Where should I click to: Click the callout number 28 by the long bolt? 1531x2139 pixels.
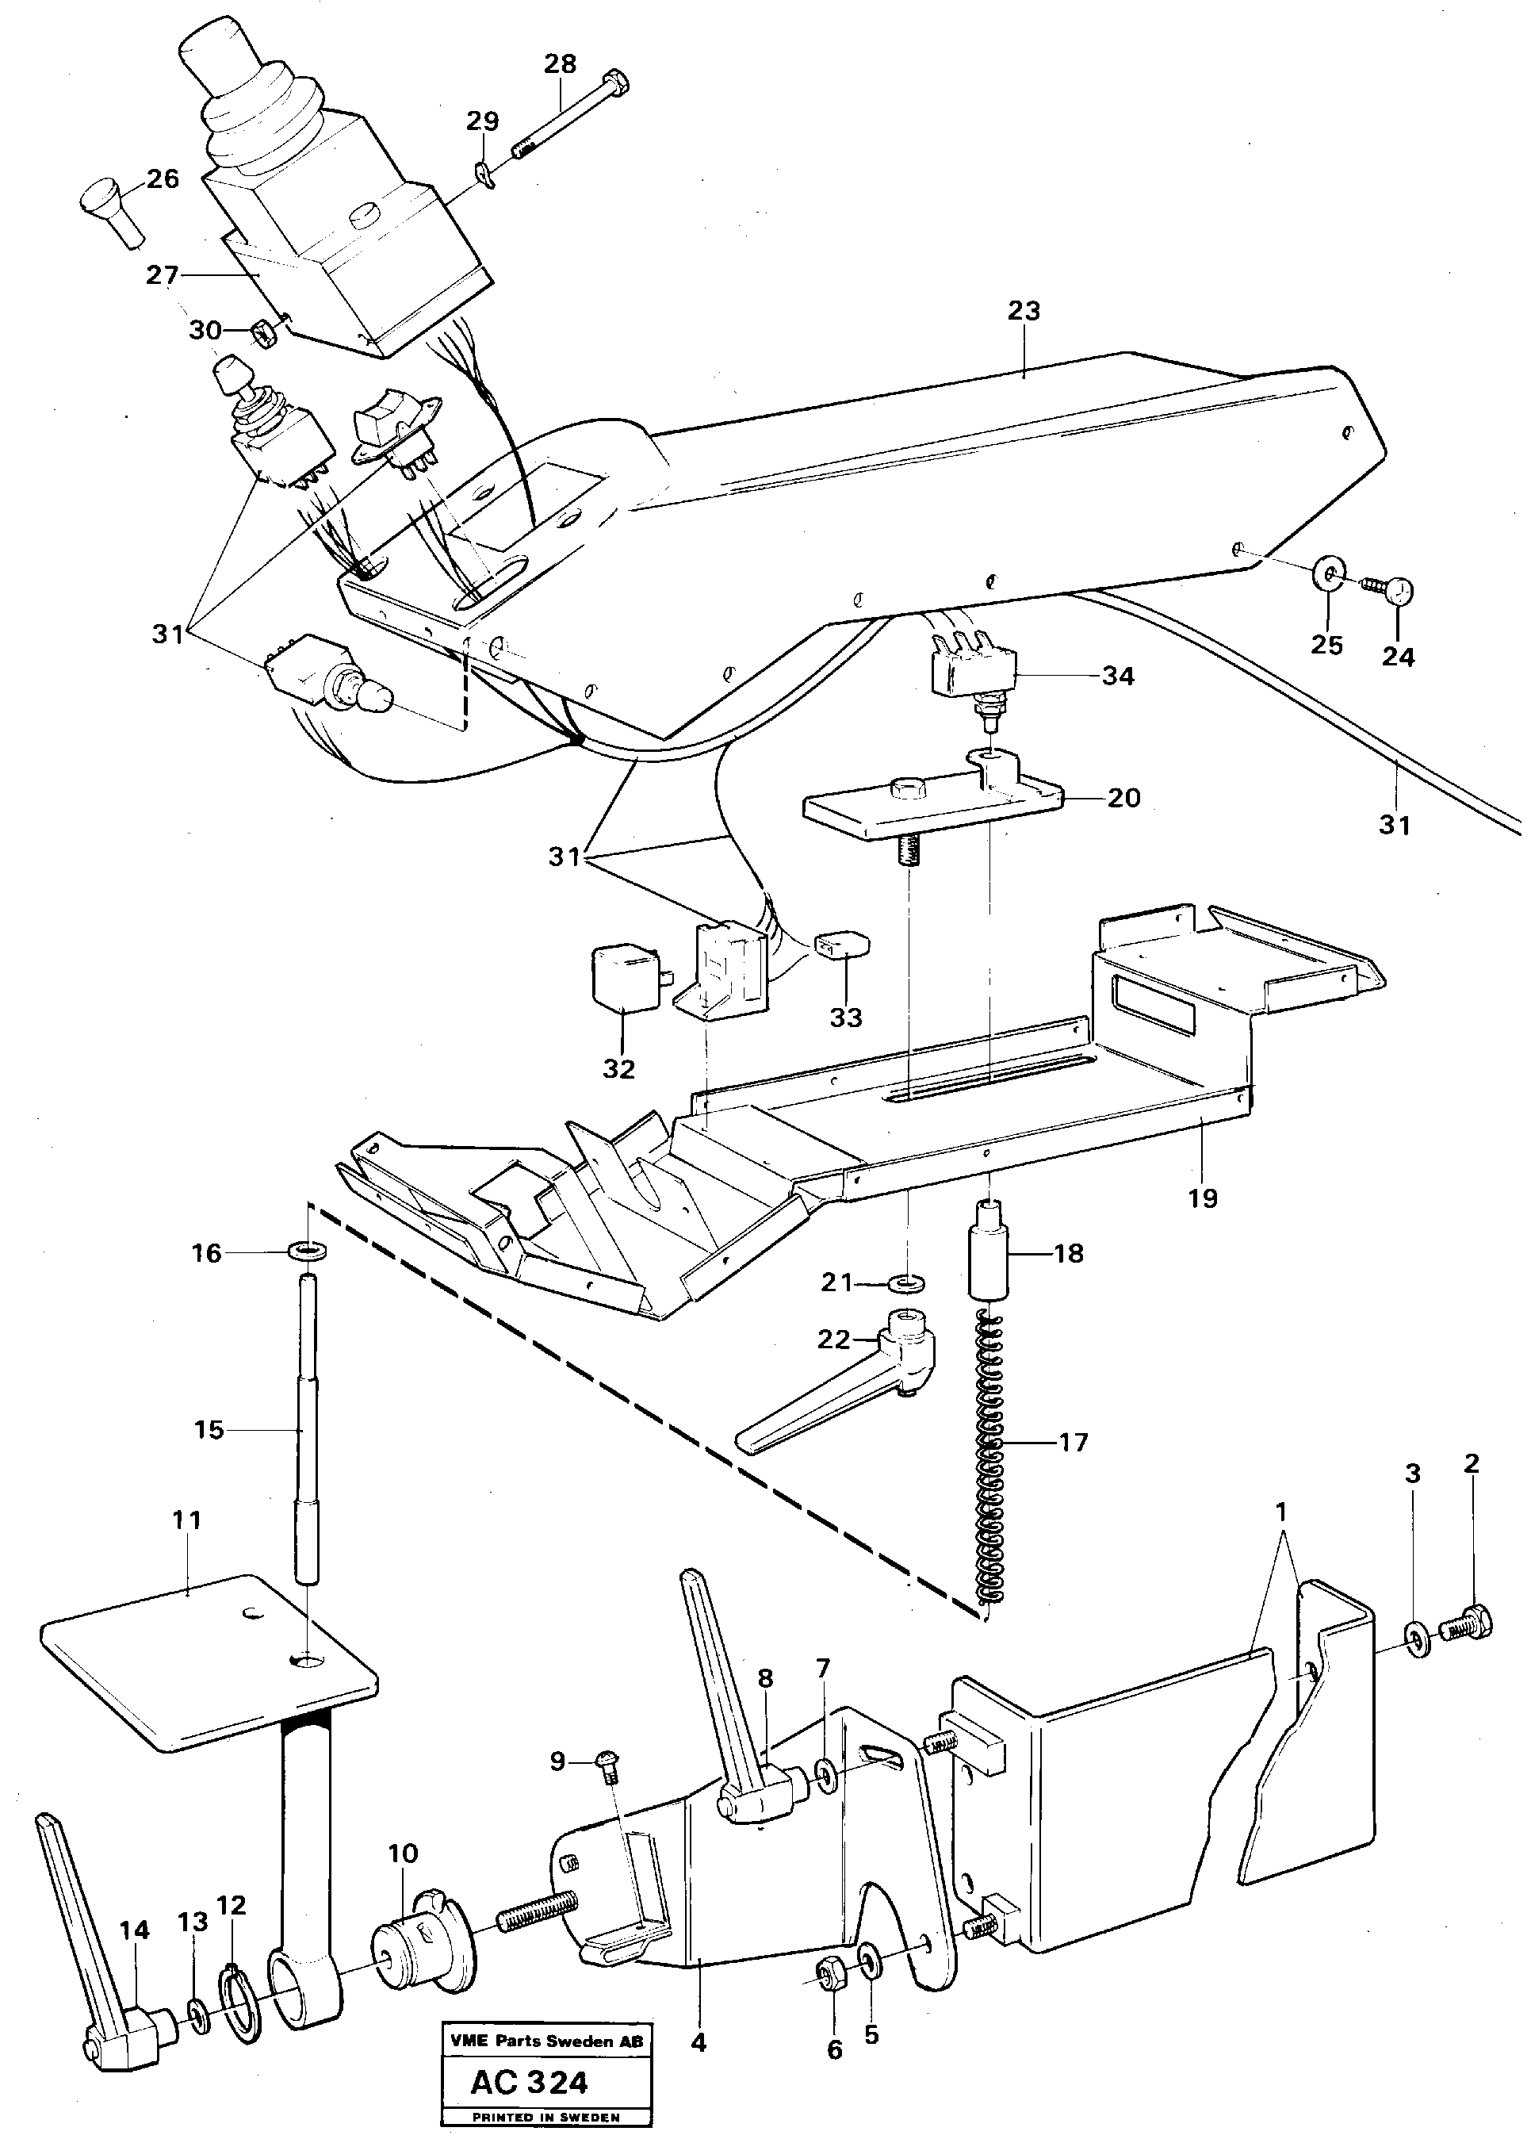pos(560,64)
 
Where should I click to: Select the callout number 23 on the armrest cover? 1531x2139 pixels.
pos(1024,310)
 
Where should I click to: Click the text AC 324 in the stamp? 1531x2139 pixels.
pos(530,2083)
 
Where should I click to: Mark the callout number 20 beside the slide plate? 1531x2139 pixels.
pos(1123,798)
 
